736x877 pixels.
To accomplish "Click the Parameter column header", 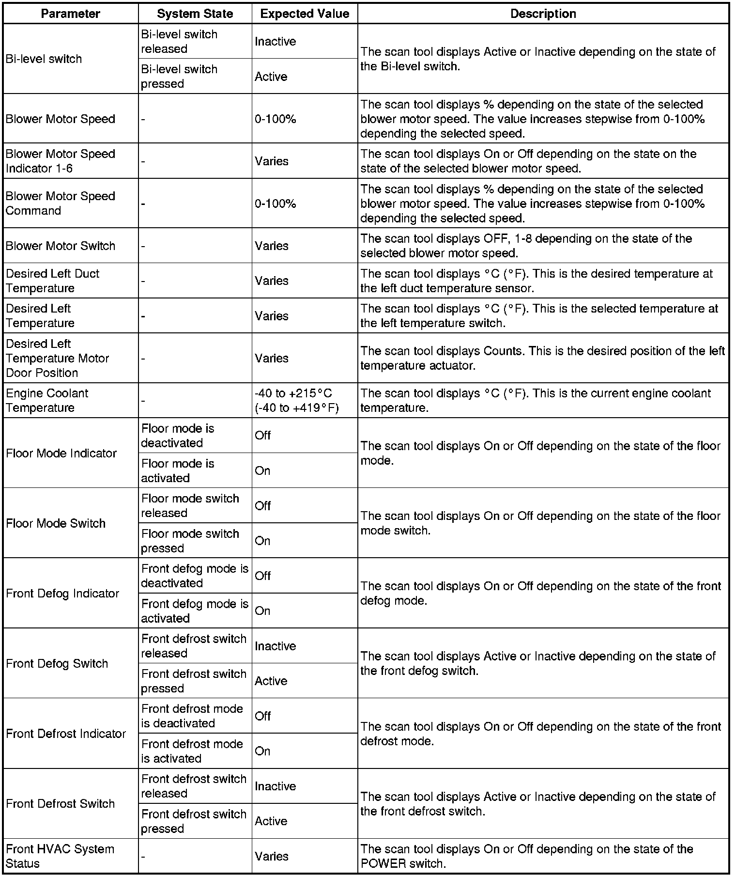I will coord(70,14).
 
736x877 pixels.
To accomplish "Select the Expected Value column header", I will coord(305,14).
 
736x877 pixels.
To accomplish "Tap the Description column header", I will coord(543,14).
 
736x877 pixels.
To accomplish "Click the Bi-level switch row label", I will coord(44,59).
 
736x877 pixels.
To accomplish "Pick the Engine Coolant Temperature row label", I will coord(47,400).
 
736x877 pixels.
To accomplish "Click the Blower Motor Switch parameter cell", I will coord(61,246).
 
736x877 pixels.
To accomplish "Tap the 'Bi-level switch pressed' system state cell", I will coord(179,76).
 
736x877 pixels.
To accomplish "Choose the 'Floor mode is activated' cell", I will coord(177,470).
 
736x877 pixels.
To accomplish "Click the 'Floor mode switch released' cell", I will coord(190,505).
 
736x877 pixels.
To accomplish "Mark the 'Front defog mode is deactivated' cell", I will coord(194,576).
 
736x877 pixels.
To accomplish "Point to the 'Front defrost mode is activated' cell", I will coord(192,751).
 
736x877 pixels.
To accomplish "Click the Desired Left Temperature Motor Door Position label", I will coord(57,358).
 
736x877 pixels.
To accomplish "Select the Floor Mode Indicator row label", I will coord(61,453).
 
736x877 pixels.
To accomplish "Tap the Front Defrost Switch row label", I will coord(61,803).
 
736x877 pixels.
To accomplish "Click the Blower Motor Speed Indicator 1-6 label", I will coord(61,161).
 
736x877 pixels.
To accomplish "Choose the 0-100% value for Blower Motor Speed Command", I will coord(276,204).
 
